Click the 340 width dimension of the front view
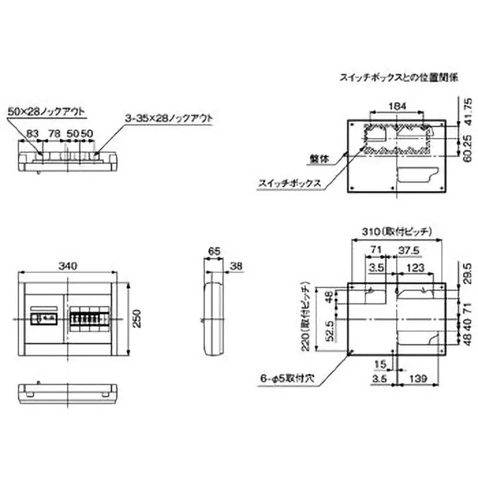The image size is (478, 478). (x=71, y=267)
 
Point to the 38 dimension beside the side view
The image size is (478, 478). (x=236, y=267)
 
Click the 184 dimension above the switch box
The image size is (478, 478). (x=397, y=106)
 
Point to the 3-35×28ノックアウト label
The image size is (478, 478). (x=169, y=118)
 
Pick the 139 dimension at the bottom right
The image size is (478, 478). (x=419, y=378)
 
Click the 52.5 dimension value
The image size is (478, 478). (x=328, y=329)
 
